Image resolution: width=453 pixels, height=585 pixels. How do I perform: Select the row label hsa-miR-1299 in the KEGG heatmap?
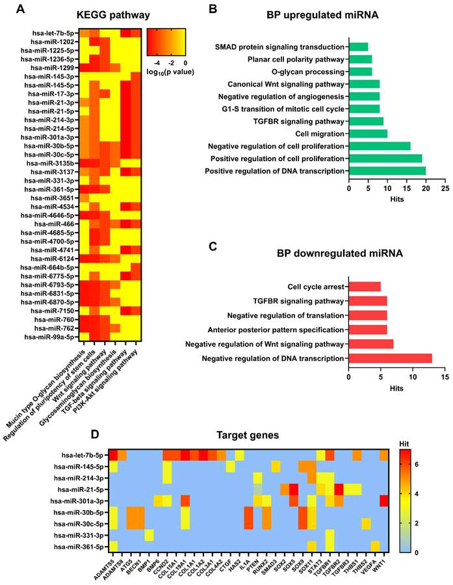coord(55,68)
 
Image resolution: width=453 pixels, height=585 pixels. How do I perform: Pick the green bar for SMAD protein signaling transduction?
coord(358,47)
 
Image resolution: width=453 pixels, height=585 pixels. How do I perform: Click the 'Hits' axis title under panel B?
coord(396,199)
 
